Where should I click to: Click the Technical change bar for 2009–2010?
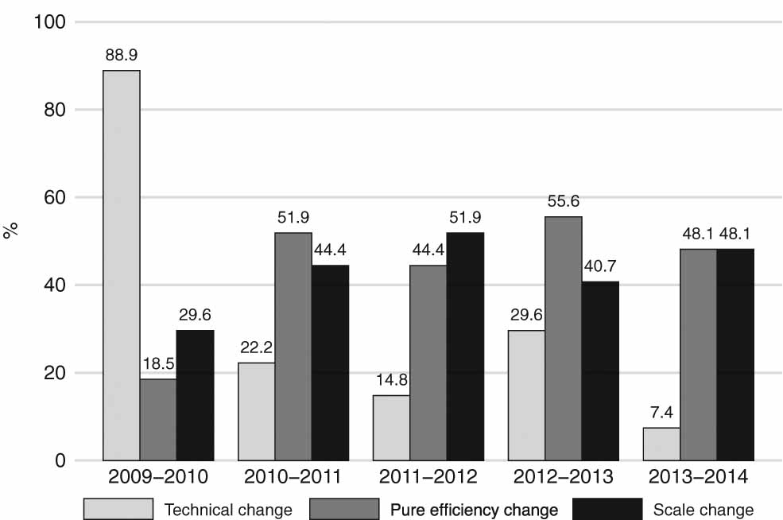point(122,266)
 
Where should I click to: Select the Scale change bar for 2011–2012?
point(465,347)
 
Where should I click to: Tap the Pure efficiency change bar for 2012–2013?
point(563,339)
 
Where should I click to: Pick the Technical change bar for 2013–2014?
point(661,444)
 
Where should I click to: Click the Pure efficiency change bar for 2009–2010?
point(158,420)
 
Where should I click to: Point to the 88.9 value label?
point(122,56)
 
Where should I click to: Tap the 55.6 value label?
point(563,202)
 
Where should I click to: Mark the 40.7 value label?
point(600,267)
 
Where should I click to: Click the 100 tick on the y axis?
point(49,21)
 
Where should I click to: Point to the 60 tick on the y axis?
point(54,197)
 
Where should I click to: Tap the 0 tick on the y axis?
point(59,460)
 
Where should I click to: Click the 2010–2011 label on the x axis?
point(293,479)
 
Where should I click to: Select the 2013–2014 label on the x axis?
point(698,479)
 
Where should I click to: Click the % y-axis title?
point(11,231)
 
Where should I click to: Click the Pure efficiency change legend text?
point(473,509)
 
